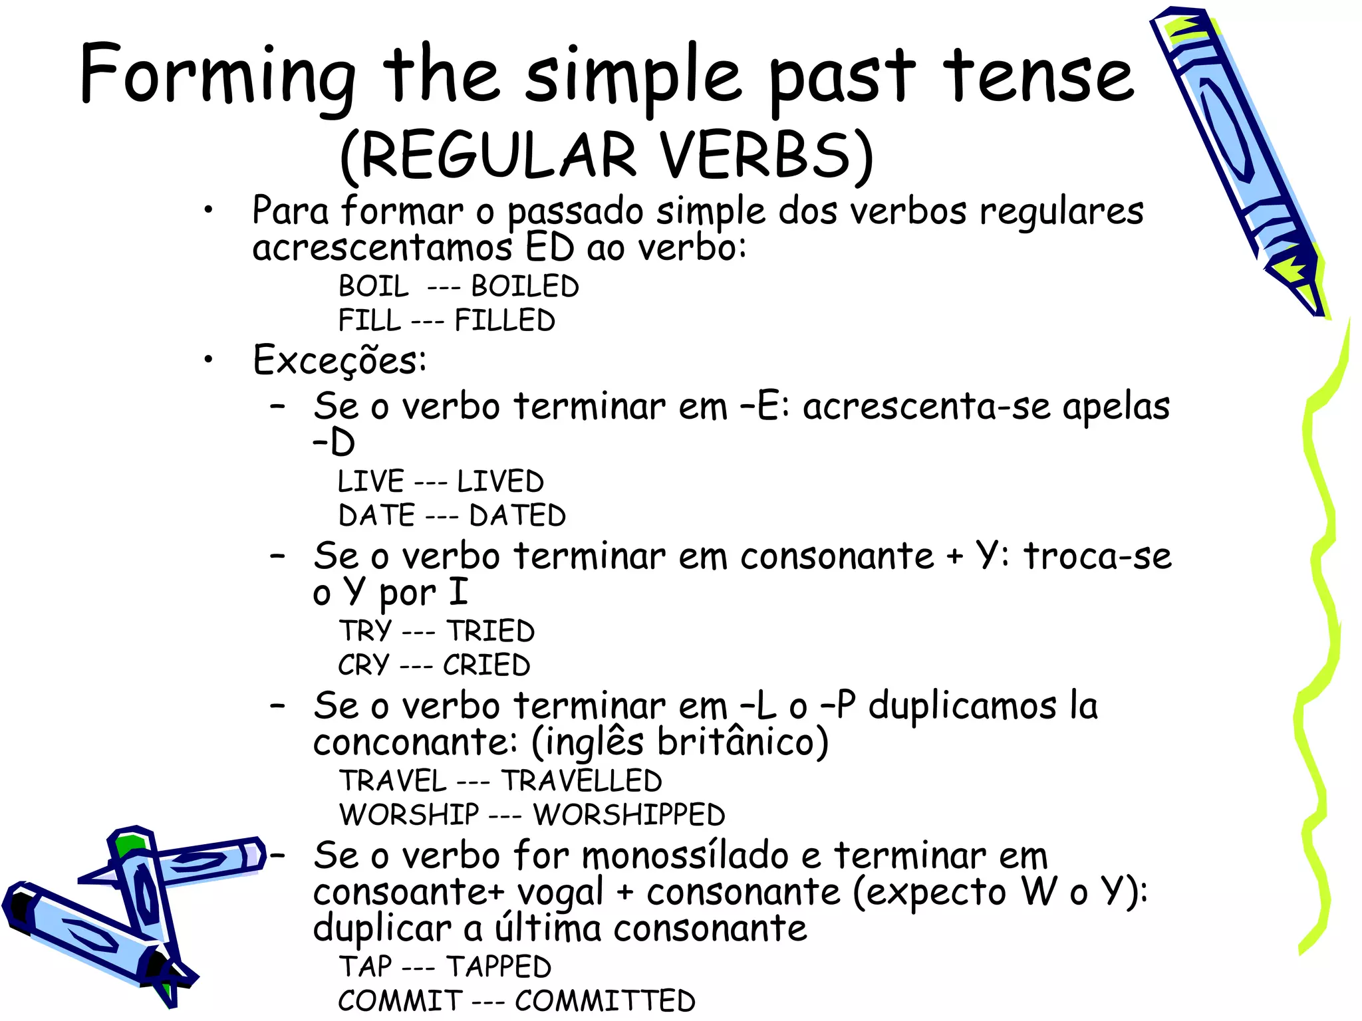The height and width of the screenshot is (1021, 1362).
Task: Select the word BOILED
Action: click(525, 286)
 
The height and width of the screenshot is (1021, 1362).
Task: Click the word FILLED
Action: click(505, 320)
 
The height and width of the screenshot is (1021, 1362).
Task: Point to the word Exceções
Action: click(339, 360)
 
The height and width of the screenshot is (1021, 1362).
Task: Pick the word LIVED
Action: click(500, 481)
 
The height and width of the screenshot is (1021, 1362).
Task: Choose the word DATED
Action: click(517, 516)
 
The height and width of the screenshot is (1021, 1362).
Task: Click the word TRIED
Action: click(490, 631)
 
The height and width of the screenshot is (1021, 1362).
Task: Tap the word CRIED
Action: click(486, 665)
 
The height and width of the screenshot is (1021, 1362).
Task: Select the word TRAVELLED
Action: click(581, 781)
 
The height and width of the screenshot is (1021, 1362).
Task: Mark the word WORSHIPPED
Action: click(628, 815)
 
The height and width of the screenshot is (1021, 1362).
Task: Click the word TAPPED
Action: click(498, 966)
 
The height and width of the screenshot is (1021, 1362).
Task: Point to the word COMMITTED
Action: click(605, 1001)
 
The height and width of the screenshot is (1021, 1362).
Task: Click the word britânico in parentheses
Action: click(743, 742)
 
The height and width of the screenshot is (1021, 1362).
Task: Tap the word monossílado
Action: click(685, 855)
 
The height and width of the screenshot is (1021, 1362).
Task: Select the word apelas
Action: click(1115, 407)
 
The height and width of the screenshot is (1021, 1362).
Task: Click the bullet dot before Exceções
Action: click(209, 360)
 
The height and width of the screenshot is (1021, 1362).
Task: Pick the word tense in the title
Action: click(1038, 76)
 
